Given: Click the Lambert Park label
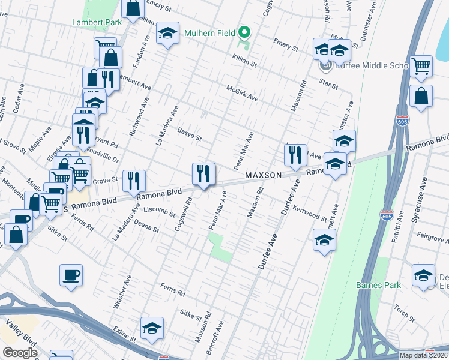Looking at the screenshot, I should (97, 22).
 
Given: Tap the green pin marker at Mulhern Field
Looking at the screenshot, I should (244, 32).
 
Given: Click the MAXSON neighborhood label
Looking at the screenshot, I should (263, 175).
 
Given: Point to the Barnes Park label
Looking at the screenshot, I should (378, 285).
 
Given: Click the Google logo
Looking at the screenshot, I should (20, 353).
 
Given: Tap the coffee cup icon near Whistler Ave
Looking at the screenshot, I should (71, 275).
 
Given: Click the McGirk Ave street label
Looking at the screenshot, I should (242, 92).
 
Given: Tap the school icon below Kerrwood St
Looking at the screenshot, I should (324, 241).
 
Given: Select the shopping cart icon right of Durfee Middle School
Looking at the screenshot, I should (421, 66).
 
